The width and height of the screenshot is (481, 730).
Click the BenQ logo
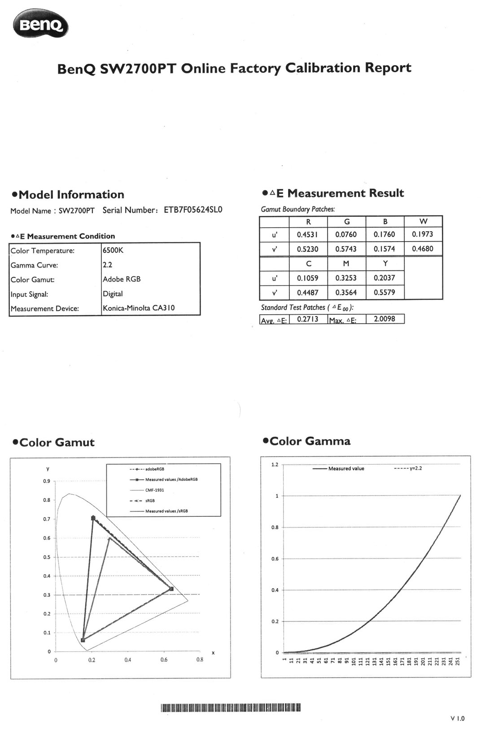click(41, 25)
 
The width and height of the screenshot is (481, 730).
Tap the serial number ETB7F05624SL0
click(193, 210)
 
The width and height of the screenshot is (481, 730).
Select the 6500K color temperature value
click(113, 251)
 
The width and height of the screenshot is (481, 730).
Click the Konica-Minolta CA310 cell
click(139, 308)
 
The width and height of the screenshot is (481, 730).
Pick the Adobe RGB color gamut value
click(122, 279)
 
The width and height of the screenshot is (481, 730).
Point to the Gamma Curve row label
click(34, 265)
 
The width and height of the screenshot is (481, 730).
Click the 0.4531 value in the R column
click(308, 234)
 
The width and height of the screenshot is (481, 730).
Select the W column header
click(423, 221)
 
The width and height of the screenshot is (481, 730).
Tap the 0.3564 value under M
click(346, 293)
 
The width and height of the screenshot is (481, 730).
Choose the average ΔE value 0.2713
click(308, 319)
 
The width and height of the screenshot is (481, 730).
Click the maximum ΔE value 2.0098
click(385, 319)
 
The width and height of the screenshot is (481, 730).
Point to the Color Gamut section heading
click(54, 443)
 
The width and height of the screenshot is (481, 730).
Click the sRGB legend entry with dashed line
click(150, 501)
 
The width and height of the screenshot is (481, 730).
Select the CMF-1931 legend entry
click(154, 490)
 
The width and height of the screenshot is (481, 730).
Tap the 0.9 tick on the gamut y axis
click(47, 481)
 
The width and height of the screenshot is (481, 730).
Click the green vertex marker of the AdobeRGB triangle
click(93, 518)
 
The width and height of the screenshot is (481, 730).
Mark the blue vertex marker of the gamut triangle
click(83, 640)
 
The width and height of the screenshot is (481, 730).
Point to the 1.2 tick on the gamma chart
click(275, 465)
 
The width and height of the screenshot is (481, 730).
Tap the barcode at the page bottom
click(231, 708)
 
